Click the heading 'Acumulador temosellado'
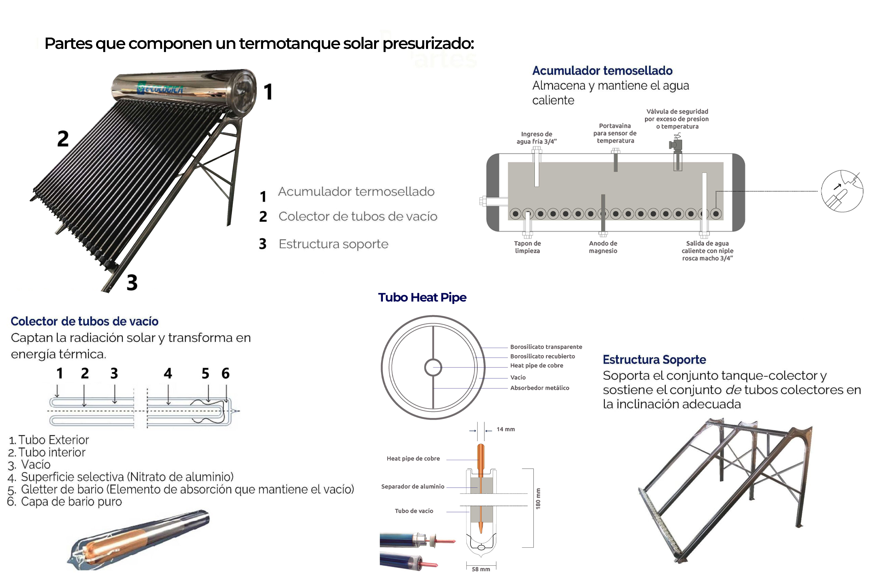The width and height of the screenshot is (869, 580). tap(602, 71)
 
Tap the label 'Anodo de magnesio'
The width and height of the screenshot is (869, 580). tap(603, 247)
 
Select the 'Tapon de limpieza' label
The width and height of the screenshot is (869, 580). tap(527, 247)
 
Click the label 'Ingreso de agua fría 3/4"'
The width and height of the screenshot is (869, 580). tap(537, 138)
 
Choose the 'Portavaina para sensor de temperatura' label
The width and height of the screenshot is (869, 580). tap(615, 133)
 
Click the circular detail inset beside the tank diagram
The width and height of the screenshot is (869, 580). tap(842, 191)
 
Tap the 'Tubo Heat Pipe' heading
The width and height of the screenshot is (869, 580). tap(422, 297)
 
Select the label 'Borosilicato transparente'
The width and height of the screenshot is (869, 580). tap(546, 347)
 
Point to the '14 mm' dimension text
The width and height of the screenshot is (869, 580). tap(505, 429)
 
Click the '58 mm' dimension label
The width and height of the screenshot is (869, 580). tap(481, 569)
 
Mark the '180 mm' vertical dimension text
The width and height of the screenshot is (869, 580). tap(538, 499)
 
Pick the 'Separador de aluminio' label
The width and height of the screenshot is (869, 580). tap(413, 486)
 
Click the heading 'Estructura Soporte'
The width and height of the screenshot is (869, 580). tap(654, 360)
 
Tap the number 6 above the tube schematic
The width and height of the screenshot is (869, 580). tap(225, 373)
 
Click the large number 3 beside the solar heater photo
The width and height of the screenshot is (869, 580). tap(132, 282)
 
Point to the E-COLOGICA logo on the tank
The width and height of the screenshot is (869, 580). tap(160, 89)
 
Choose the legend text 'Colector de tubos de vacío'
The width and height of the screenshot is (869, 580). tap(357, 216)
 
